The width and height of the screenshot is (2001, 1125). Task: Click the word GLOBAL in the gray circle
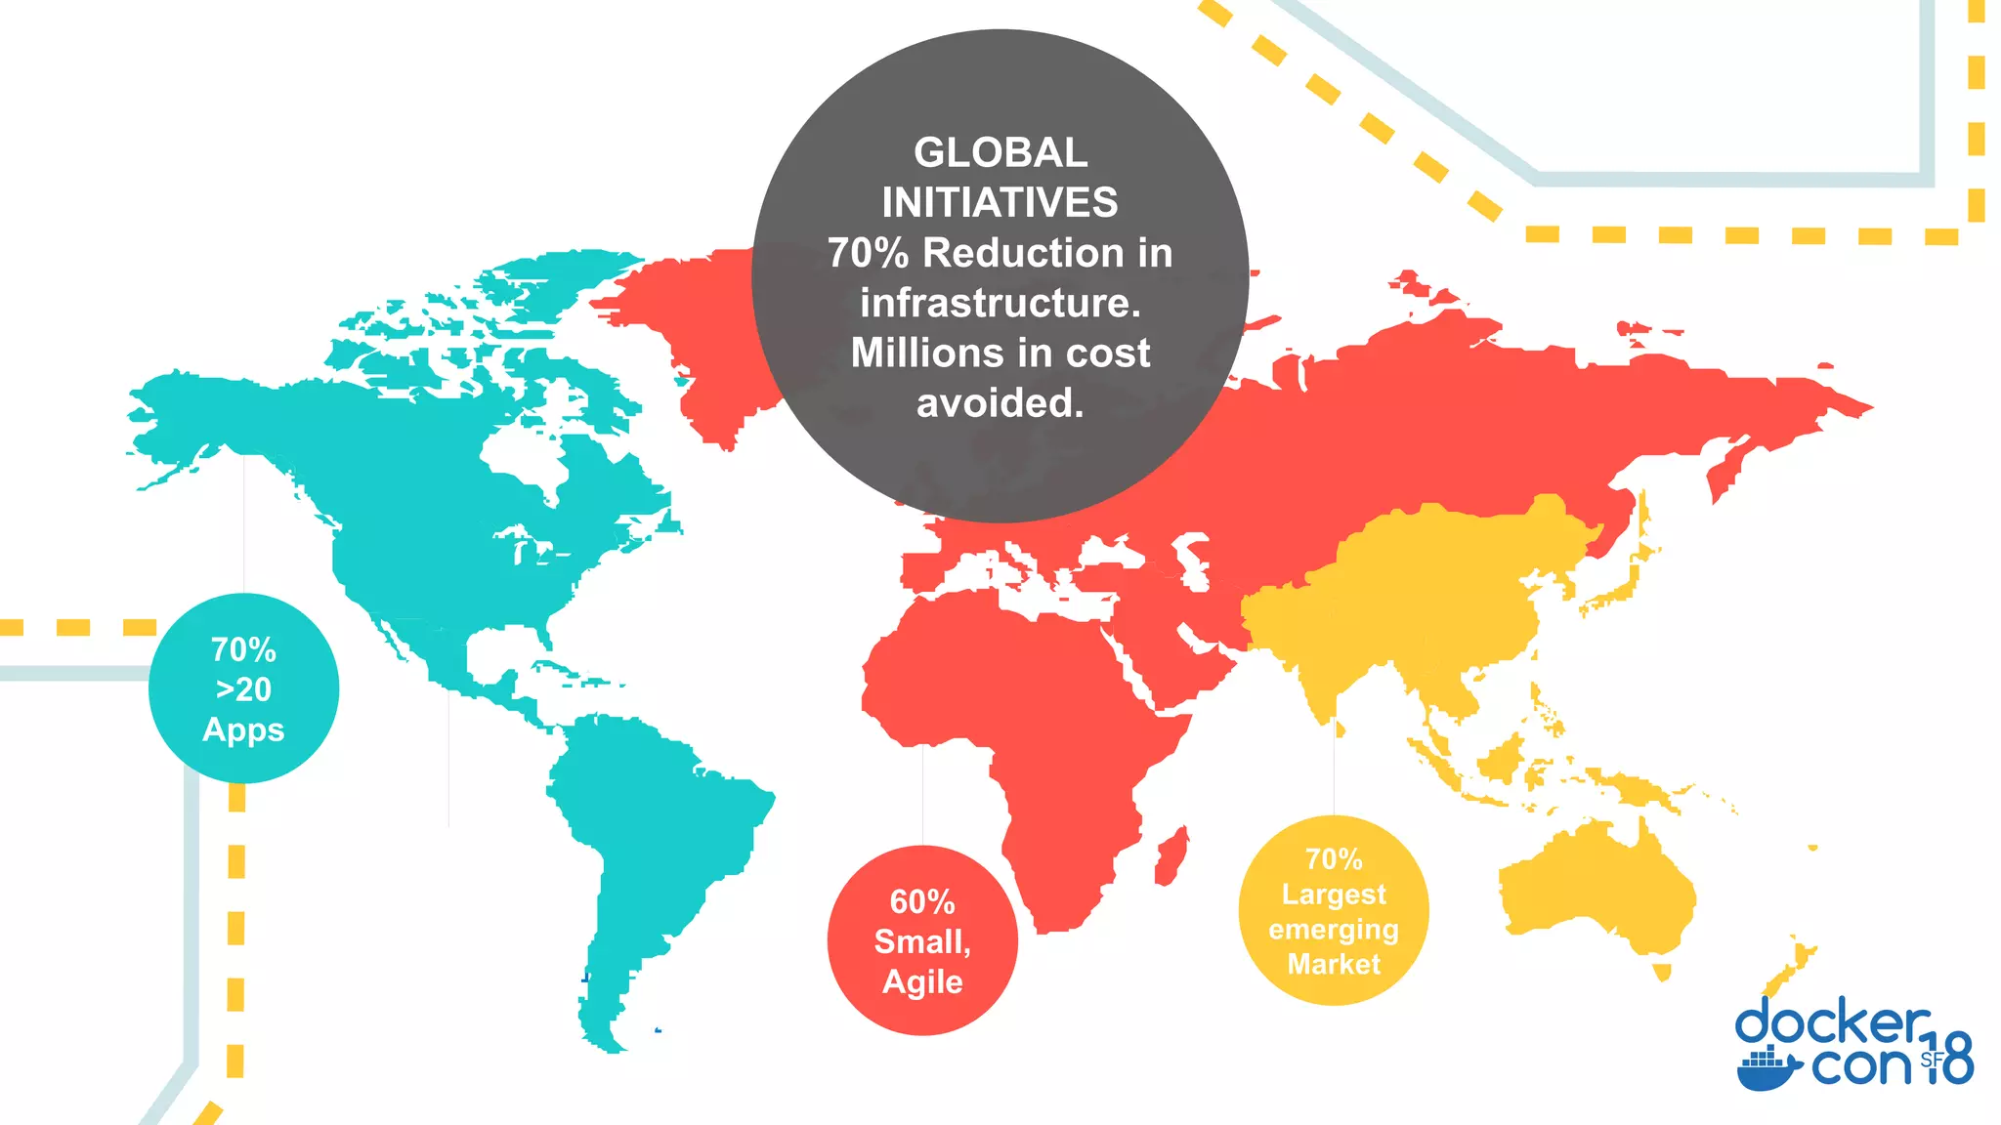click(1000, 153)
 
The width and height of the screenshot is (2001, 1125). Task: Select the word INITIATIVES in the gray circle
click(1000, 203)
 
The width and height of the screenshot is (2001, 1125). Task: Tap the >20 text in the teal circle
click(243, 689)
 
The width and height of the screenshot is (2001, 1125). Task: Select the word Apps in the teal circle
click(243, 730)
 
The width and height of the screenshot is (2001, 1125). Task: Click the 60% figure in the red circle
click(921, 901)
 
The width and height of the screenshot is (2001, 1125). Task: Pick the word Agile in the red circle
click(922, 981)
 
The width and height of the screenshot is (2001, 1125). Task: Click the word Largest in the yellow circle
click(1334, 895)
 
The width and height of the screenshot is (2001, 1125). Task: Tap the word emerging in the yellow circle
click(1334, 930)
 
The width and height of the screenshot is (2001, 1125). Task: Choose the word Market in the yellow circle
click(1334, 965)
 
